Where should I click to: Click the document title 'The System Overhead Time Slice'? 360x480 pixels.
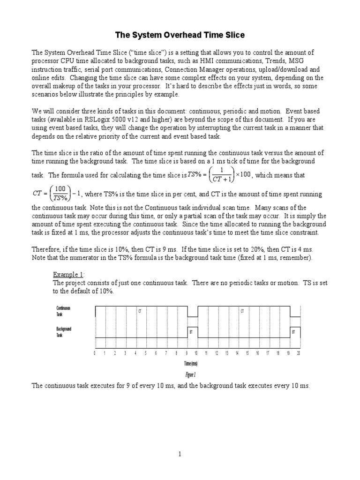tap(180, 35)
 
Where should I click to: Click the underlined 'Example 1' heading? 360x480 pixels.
tap(67, 274)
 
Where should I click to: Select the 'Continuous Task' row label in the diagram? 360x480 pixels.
tap(63, 311)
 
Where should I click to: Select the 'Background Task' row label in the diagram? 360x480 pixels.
tap(64, 332)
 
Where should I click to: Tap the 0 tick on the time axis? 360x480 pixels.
tap(95, 353)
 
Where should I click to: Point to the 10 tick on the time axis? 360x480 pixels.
tap(196, 353)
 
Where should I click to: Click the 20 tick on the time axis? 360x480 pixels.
tap(298, 353)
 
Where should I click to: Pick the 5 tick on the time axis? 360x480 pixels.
tap(146, 353)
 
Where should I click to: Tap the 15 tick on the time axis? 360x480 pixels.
tap(247, 353)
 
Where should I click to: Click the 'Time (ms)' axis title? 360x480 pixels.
tap(190, 364)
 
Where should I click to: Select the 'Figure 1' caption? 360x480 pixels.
tap(190, 375)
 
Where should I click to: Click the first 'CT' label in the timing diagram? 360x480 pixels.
tap(139, 311)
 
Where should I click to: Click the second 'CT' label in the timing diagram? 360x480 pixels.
tap(242, 311)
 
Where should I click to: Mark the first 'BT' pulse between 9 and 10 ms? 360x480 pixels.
tap(192, 332)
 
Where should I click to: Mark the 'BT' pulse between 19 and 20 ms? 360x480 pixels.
tap(293, 332)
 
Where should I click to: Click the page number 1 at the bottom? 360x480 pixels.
tap(180, 454)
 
